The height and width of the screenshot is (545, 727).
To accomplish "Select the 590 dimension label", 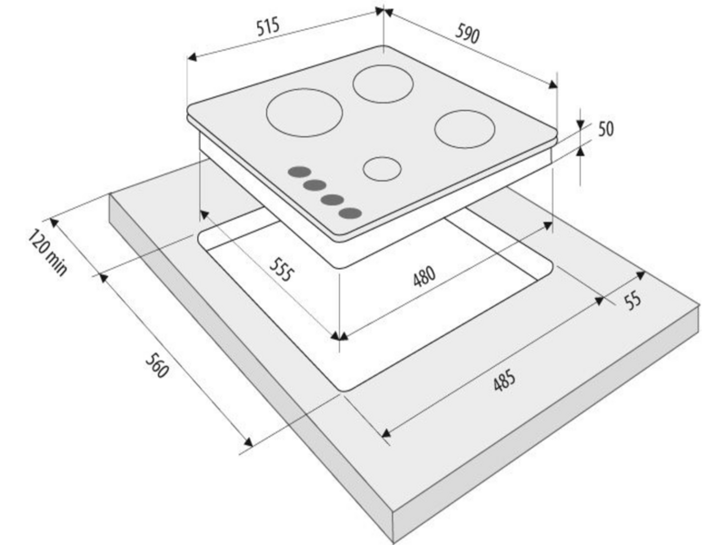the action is pyautogui.click(x=466, y=33).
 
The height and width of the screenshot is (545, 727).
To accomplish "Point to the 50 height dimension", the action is pyautogui.click(x=605, y=129).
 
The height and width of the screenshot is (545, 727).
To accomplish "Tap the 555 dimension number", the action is pyautogui.click(x=282, y=269).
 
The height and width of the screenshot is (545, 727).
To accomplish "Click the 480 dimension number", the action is pyautogui.click(x=424, y=276).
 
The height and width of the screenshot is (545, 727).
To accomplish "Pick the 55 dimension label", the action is pyautogui.click(x=632, y=300).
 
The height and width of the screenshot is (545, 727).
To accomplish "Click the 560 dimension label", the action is pyautogui.click(x=156, y=365).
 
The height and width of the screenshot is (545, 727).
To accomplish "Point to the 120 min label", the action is pyautogui.click(x=47, y=252).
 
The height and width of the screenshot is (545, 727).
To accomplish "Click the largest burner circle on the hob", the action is pyautogui.click(x=304, y=113).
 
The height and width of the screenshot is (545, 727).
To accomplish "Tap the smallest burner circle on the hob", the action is pyautogui.click(x=382, y=168).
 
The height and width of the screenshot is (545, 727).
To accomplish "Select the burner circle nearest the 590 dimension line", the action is pyautogui.click(x=383, y=84).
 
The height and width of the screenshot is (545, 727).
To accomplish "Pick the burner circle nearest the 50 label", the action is pyautogui.click(x=465, y=129).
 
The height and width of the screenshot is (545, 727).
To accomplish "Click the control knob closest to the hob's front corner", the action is pyautogui.click(x=350, y=213).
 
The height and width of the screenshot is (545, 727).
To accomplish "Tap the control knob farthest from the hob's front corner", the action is pyautogui.click(x=300, y=172).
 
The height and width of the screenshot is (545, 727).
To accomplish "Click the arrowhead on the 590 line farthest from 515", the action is pyautogui.click(x=553, y=84).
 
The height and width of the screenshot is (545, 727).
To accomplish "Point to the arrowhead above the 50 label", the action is pyautogui.click(x=580, y=124).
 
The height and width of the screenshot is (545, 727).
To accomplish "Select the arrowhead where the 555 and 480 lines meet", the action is pyautogui.click(x=339, y=336).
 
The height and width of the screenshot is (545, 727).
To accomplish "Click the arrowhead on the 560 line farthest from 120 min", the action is pyautogui.click(x=248, y=442).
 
